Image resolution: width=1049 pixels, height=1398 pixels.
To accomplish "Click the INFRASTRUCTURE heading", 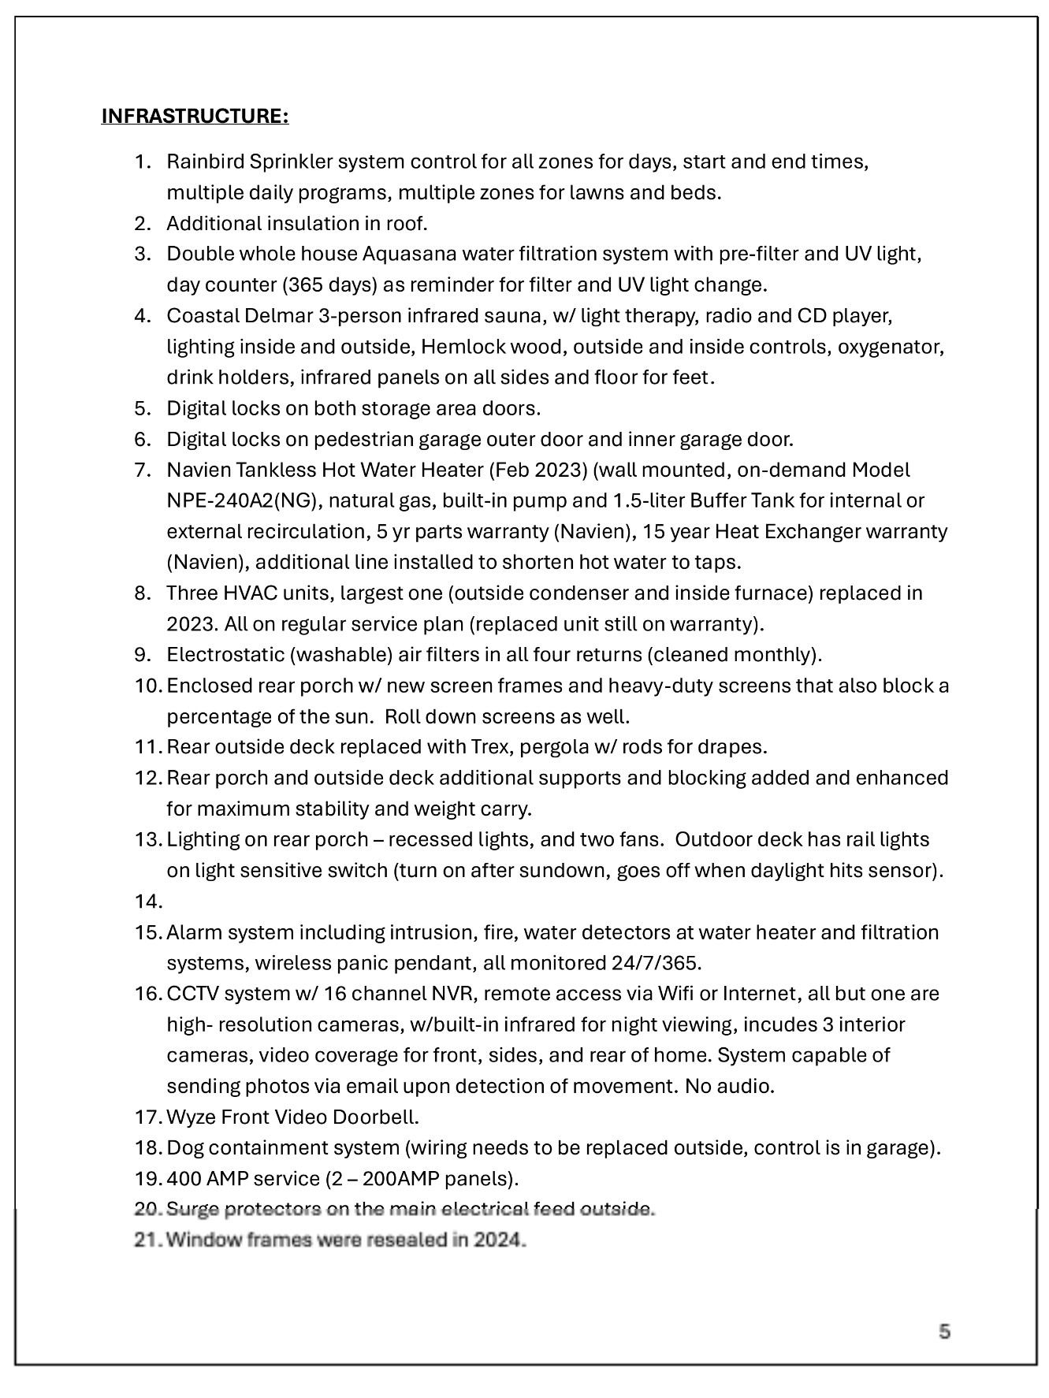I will click(195, 117).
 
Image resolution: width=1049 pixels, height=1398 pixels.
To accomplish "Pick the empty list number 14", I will click(147, 902).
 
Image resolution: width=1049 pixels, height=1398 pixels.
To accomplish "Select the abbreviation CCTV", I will click(192, 994).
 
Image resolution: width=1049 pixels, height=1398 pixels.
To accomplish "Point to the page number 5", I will click(944, 1332).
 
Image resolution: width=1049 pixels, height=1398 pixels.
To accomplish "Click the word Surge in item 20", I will click(189, 1210).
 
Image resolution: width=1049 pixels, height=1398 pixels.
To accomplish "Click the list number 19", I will click(147, 1179).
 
